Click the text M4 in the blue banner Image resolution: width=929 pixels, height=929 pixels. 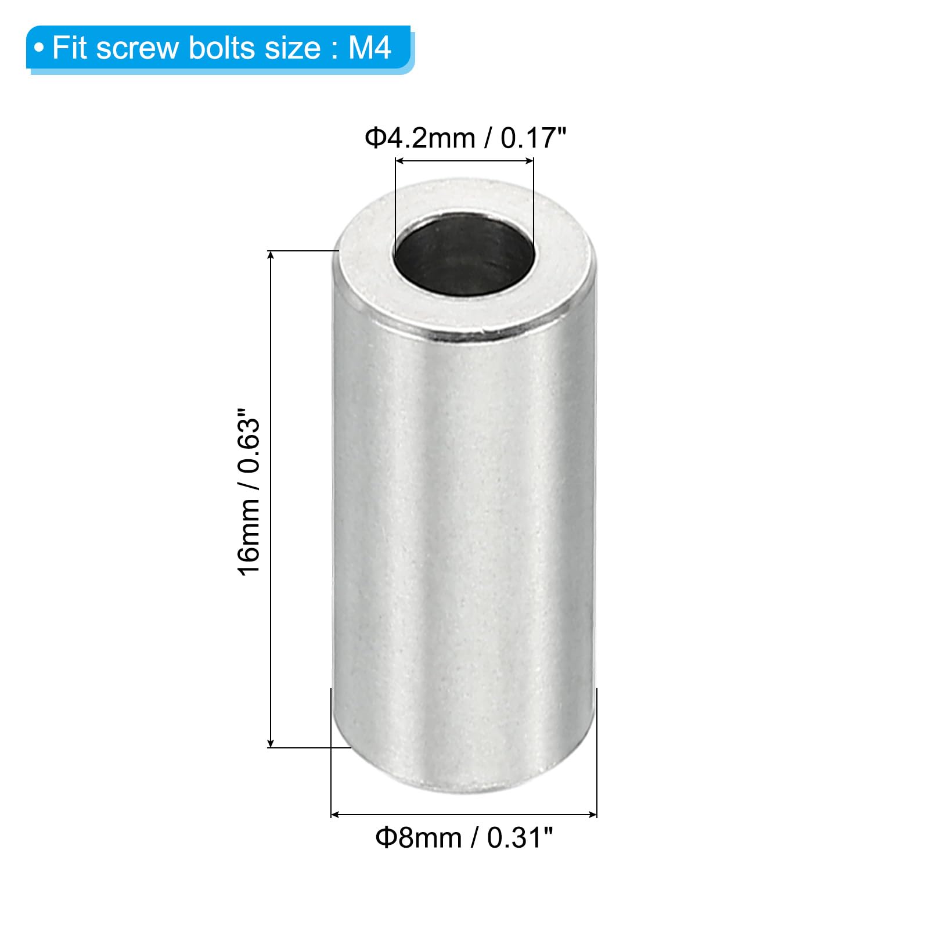[x=370, y=48]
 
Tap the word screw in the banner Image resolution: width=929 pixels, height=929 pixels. [x=138, y=48]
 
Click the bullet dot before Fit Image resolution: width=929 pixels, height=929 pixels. [x=39, y=48]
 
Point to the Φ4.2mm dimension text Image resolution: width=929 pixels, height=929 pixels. [x=420, y=139]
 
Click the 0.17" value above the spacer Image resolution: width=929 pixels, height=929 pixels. [x=533, y=139]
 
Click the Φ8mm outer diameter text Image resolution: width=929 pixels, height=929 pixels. [x=419, y=838]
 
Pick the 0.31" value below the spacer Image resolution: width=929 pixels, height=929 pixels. [x=520, y=838]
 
